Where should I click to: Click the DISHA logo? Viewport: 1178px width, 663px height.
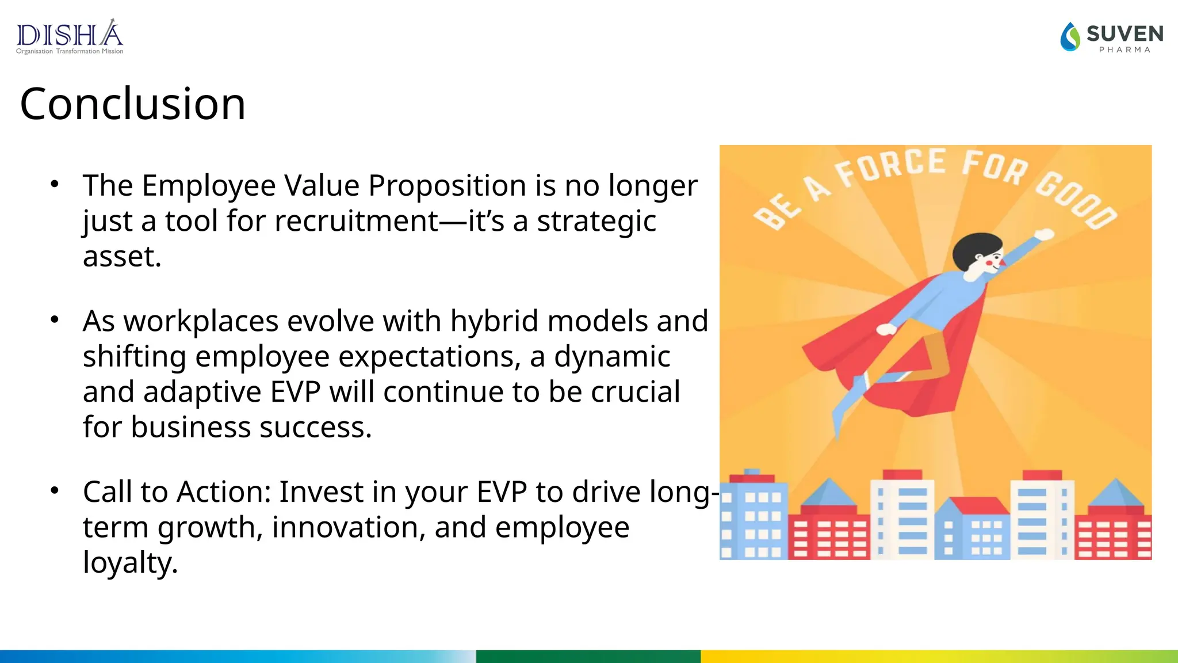(70, 35)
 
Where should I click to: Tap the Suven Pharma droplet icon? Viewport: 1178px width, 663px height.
(1070, 37)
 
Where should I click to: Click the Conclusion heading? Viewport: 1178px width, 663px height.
(133, 104)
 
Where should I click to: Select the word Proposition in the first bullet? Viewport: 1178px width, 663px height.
(447, 185)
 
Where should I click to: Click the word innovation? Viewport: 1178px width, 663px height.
(349, 527)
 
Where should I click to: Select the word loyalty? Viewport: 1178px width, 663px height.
(130, 563)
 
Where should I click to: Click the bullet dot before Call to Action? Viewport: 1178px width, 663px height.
(55, 491)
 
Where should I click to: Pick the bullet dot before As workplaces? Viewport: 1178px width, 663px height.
(55, 320)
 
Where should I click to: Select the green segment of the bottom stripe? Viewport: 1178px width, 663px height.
(588, 656)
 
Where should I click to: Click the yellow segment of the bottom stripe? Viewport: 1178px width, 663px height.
(938, 656)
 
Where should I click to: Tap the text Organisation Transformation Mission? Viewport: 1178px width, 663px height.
(70, 51)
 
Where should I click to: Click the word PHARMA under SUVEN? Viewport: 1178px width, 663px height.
(1125, 50)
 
